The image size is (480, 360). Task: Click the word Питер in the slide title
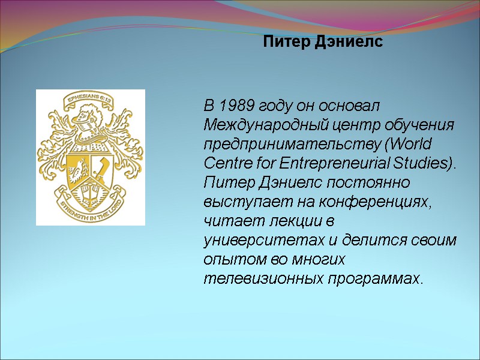coord(284,43)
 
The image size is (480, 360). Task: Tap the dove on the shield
coord(77,171)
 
